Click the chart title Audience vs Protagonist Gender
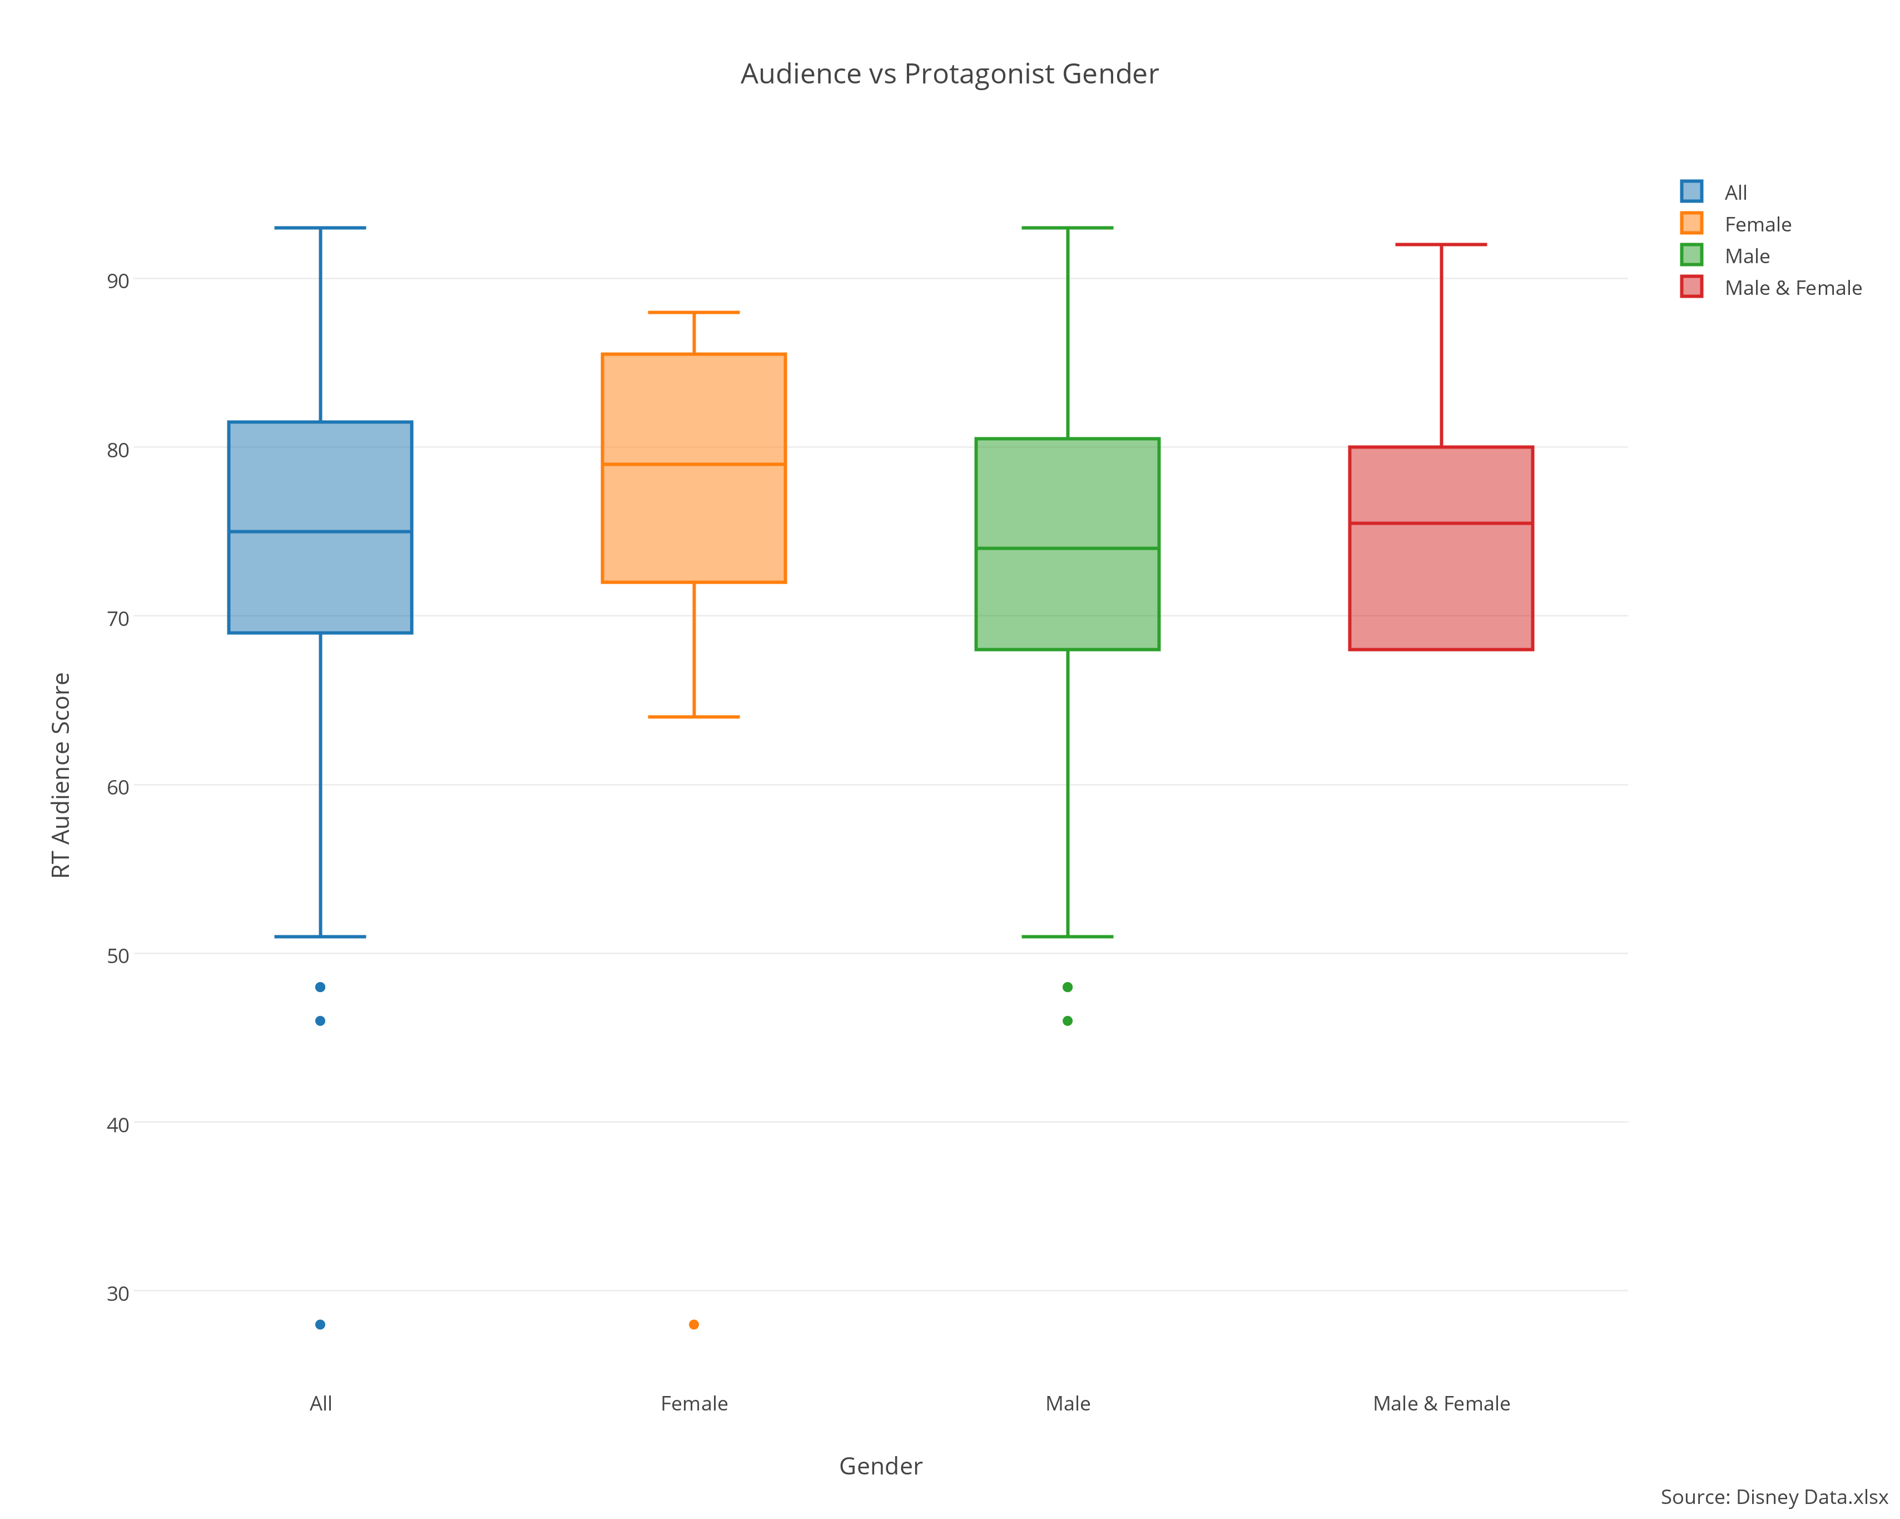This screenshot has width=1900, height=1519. [949, 74]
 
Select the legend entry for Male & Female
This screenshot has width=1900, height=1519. [1793, 288]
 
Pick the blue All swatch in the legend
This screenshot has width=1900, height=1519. [1691, 191]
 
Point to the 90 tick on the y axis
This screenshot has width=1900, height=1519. [118, 281]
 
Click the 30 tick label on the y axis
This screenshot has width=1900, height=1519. [118, 1293]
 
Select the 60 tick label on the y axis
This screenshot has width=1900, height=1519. [118, 787]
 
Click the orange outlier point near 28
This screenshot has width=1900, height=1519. [693, 1324]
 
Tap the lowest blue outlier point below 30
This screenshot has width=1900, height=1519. [320, 1324]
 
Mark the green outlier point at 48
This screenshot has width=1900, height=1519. [1067, 987]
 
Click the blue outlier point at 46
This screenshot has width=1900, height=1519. [320, 1021]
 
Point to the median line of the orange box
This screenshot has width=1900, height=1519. [693, 463]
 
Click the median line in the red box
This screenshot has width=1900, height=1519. [1441, 523]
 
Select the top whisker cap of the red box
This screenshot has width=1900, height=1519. [1441, 244]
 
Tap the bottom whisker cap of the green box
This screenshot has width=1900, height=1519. [1067, 936]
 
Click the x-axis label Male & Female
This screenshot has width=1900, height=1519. [1441, 1403]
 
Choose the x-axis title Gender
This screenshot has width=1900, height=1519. [880, 1466]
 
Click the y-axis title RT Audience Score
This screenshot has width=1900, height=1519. [61, 775]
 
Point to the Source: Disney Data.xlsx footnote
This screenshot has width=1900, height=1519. [1773, 1497]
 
